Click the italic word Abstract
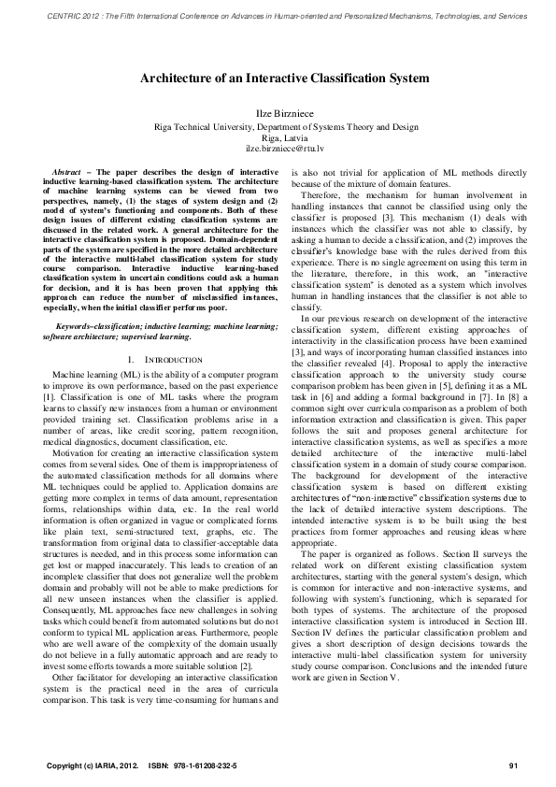(65, 173)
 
